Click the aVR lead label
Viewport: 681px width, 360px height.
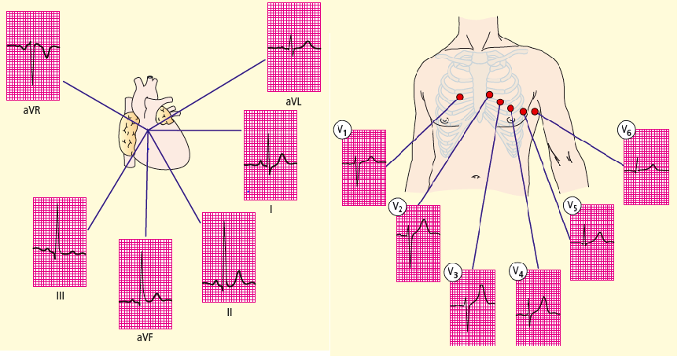pyautogui.click(x=32, y=111)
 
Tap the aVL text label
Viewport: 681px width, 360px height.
pyautogui.click(x=293, y=102)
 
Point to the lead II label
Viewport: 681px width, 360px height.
pyautogui.click(x=229, y=312)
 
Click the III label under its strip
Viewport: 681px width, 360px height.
pyautogui.click(x=60, y=296)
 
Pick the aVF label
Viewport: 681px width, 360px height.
pyautogui.click(x=145, y=337)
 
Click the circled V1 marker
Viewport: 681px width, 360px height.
pyautogui.click(x=342, y=129)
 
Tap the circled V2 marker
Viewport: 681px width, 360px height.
pyautogui.click(x=398, y=208)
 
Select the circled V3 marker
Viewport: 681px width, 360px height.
pyautogui.click(x=452, y=272)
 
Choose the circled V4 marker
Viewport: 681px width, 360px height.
pyautogui.click(x=517, y=272)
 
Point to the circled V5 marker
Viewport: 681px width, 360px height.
pyautogui.click(x=572, y=206)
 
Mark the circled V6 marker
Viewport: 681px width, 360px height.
pyautogui.click(x=626, y=130)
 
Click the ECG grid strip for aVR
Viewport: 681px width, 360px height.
pyautogui.click(x=33, y=55)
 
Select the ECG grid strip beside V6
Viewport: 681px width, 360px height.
pyautogui.click(x=646, y=167)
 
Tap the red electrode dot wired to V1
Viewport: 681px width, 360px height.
pyautogui.click(x=460, y=97)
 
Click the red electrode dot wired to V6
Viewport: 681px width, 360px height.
pyautogui.click(x=535, y=112)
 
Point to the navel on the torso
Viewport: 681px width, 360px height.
pyautogui.click(x=476, y=177)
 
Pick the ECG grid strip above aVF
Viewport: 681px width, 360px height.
pyautogui.click(x=145, y=284)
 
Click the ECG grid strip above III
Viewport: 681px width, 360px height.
pyautogui.click(x=60, y=241)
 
